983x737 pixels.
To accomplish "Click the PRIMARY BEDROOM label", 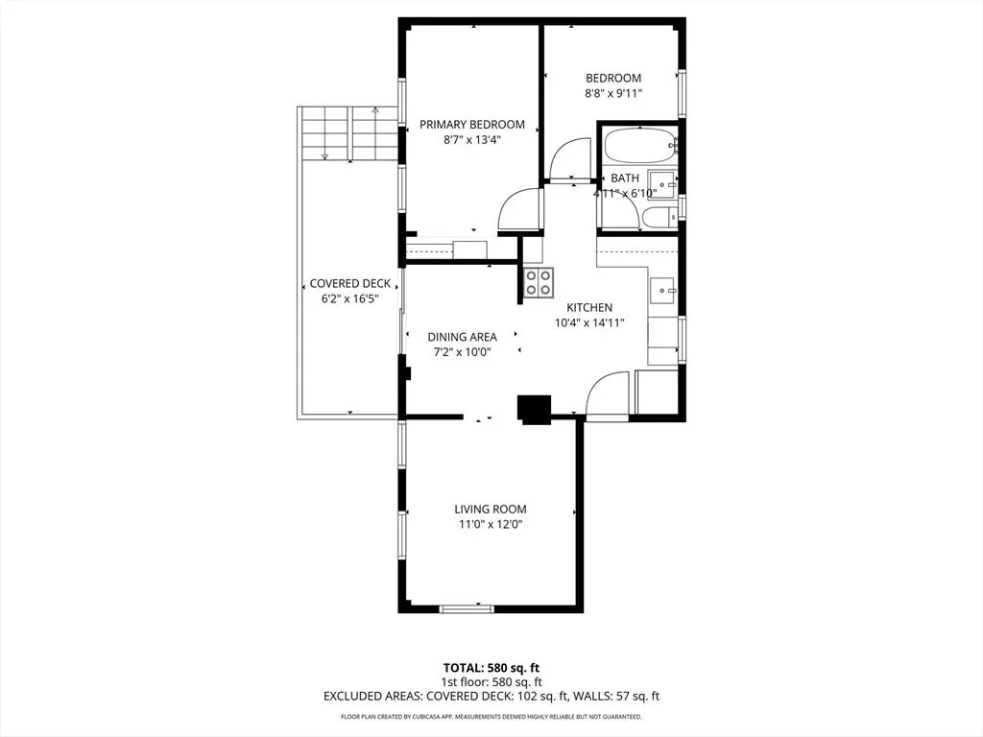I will tap(472, 124).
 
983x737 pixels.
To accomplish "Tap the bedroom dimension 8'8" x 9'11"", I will tap(613, 94).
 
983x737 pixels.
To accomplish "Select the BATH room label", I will tap(624, 178).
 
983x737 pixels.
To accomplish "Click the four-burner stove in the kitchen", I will tap(539, 281).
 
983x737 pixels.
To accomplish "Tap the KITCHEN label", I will tap(588, 307).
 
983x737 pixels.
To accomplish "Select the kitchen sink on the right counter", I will tap(662, 288).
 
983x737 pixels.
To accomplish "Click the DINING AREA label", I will tap(462, 337).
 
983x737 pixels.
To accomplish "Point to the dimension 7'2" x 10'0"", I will tap(462, 352).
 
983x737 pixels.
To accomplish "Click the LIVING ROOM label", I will tap(491, 509).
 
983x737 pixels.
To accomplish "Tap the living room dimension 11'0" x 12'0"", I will tap(491, 524).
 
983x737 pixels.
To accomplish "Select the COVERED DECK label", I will tap(349, 283).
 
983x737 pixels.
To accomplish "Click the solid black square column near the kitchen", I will tap(535, 409).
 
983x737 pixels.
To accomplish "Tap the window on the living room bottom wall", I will tap(467, 607).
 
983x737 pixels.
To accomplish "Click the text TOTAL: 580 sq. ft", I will tap(491, 667).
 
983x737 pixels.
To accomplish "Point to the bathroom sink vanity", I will tap(661, 183).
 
